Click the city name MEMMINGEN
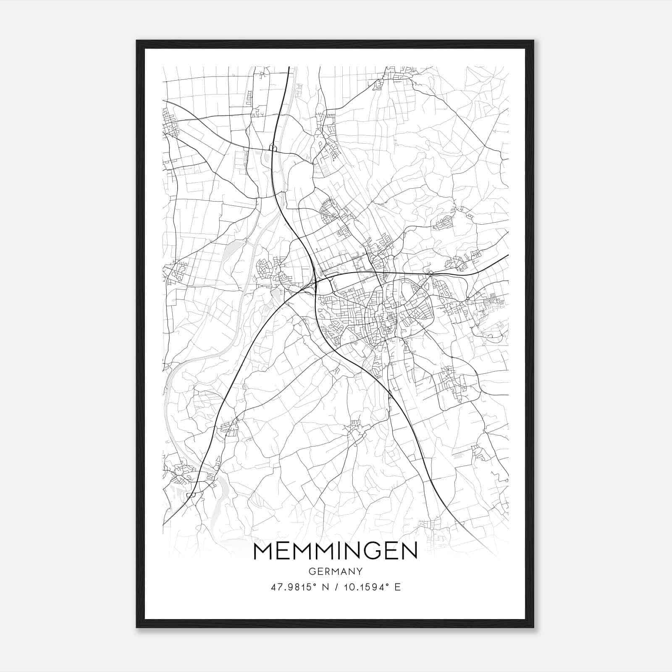336,551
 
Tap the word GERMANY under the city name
336,571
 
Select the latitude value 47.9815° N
299,587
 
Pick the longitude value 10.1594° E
371,587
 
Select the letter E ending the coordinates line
398,587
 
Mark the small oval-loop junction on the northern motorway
272,147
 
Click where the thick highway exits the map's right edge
507,255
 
